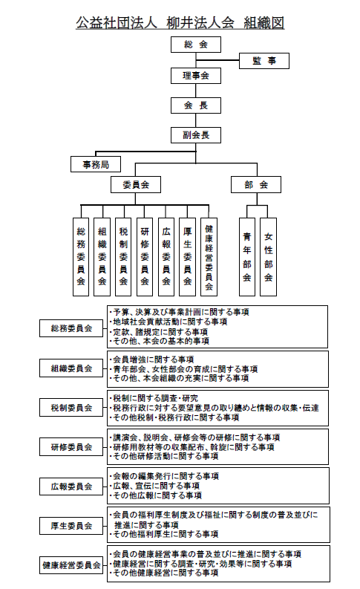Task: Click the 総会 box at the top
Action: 195,45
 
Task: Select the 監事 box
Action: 264,61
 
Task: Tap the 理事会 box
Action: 195,76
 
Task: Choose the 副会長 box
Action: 195,135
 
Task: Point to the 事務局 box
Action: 96,164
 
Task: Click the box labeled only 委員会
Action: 136,185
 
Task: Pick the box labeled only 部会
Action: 256,185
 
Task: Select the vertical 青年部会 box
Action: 247,257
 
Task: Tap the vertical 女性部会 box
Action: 269,257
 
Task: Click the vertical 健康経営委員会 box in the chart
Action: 209,257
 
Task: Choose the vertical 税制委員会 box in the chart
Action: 123,257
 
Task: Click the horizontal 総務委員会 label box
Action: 71,329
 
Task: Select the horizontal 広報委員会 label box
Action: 71,487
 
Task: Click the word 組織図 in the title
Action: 264,23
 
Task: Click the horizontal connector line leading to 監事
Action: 217,60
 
